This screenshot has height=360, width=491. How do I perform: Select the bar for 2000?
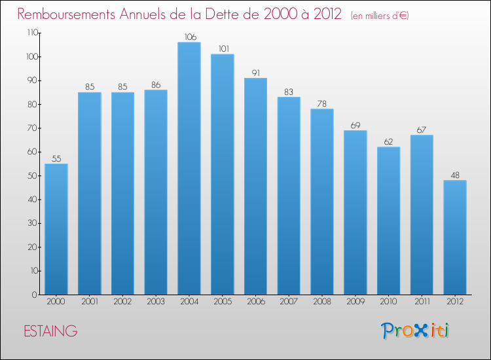click(56, 229)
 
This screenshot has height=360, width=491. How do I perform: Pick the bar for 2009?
click(355, 212)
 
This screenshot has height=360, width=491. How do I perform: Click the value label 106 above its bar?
click(189, 37)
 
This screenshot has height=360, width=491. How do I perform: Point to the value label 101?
click(223, 48)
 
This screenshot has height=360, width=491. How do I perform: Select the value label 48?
click(455, 175)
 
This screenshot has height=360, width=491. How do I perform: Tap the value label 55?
click(56, 158)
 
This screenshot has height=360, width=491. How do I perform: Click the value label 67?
click(422, 130)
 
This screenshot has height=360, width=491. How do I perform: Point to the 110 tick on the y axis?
click(30, 33)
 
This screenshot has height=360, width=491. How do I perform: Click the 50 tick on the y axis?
click(31, 175)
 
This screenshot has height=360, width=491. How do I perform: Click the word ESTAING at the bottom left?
click(50, 331)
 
